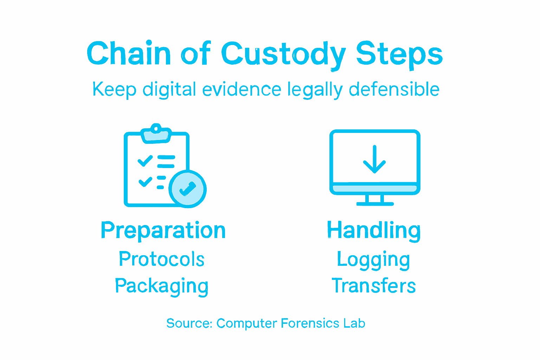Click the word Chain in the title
[129, 54]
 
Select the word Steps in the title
[399, 54]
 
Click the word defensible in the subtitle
[394, 89]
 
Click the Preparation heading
[163, 231]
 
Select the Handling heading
[374, 231]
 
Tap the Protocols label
[162, 259]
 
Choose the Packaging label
[162, 286]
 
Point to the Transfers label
[374, 285]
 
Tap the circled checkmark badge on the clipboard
[187, 189]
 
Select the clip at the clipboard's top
[156, 133]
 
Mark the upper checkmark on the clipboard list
[145, 161]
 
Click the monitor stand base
[375, 203]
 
